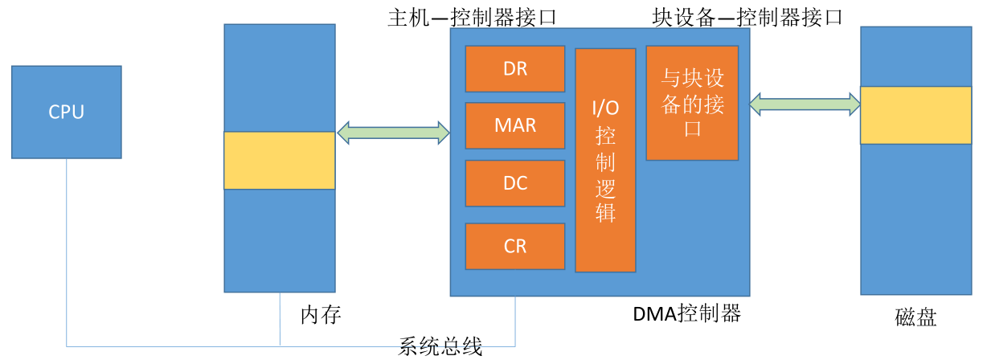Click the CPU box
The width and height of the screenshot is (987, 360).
pyautogui.click(x=67, y=112)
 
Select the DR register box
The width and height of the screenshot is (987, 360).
pyautogui.click(x=515, y=69)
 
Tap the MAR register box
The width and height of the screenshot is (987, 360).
pyautogui.click(x=515, y=125)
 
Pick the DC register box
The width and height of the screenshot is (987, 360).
pyautogui.click(x=515, y=183)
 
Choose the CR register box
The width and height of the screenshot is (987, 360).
pyautogui.click(x=515, y=247)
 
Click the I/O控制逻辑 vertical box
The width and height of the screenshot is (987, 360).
pyautogui.click(x=605, y=161)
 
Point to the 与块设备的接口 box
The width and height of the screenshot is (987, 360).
pyautogui.click(x=692, y=103)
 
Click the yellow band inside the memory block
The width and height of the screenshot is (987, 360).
pyautogui.click(x=280, y=161)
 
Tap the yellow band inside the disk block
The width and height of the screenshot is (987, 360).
pyautogui.click(x=916, y=116)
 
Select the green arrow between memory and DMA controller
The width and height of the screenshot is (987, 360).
pyautogui.click(x=393, y=133)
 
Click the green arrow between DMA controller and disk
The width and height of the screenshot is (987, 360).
pyautogui.click(x=805, y=104)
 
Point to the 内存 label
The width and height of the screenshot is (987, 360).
pyautogui.click(x=321, y=315)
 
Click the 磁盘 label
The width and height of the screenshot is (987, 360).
pyautogui.click(x=915, y=317)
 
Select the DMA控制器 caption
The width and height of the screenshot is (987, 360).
pyautogui.click(x=687, y=313)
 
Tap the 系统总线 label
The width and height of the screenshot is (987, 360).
pyautogui.click(x=440, y=346)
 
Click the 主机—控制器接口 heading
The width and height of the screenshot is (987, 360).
pyautogui.click(x=473, y=18)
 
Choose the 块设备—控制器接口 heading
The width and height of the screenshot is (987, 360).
pyautogui.click(x=747, y=18)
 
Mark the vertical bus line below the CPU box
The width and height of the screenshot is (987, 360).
pyautogui.click(x=67, y=252)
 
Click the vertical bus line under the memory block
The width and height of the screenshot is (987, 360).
pyautogui.click(x=280, y=320)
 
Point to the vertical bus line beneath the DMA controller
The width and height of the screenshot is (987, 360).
pyautogui.click(x=515, y=321)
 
